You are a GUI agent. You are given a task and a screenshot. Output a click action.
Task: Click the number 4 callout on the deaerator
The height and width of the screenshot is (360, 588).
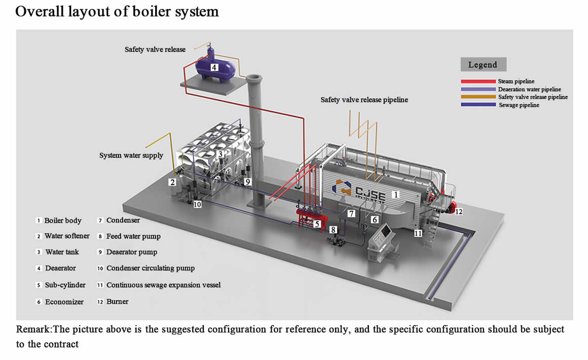214,67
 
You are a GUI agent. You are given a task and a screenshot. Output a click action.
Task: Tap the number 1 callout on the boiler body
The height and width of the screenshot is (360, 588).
396,194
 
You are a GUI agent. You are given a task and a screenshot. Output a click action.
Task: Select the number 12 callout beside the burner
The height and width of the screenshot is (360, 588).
458,211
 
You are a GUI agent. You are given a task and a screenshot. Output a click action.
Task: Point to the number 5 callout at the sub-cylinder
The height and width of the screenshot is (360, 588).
317,223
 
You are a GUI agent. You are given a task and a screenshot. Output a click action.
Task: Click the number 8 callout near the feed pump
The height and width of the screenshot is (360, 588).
333,229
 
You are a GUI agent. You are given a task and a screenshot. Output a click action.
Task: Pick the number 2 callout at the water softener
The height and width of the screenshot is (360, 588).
172,182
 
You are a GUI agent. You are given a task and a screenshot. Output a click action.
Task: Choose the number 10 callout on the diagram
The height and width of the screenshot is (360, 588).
197,204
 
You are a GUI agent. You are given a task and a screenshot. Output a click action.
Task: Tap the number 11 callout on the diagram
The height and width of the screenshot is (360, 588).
418,234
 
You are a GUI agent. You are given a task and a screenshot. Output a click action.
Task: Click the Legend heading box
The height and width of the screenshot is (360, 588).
483,64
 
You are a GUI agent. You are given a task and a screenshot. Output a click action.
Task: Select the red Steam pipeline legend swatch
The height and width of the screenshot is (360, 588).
477,81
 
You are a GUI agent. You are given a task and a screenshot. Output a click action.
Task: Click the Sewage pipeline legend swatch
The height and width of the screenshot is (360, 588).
477,105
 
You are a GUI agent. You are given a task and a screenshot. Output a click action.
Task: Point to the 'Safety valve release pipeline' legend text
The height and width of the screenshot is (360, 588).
533,97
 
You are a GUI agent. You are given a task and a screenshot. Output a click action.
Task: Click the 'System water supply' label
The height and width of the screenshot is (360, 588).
131,155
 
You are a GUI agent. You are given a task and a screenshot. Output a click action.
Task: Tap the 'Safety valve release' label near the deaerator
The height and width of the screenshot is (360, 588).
155,50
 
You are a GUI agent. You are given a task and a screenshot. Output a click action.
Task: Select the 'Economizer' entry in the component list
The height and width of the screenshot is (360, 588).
64,302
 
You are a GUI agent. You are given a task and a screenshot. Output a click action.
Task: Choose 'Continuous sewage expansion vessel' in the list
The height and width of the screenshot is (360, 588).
163,285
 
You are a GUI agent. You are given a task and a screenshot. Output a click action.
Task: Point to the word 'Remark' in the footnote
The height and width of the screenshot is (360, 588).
34,329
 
